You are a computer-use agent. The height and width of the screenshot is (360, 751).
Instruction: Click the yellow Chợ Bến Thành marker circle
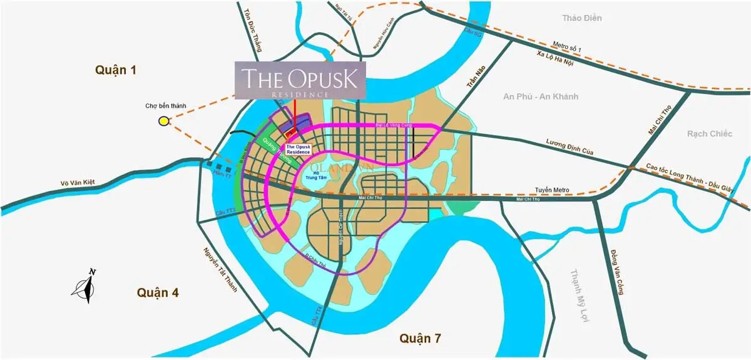tap(163, 121)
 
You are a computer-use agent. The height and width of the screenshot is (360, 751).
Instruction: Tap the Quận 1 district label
tap(116, 70)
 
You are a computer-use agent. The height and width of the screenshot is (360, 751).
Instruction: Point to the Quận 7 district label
tap(421, 339)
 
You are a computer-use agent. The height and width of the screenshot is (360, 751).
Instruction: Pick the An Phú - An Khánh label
tap(541, 96)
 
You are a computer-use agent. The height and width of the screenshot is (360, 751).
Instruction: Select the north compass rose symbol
tap(84, 287)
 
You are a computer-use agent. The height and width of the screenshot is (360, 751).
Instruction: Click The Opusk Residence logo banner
tap(300, 80)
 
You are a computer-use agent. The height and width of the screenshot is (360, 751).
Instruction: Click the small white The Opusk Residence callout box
tap(298, 150)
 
